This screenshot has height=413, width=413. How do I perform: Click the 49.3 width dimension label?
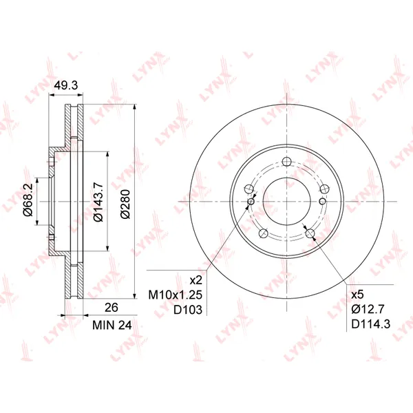pyautogui.click(x=66, y=85)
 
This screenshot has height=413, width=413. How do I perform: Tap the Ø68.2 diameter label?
pyautogui.click(x=28, y=200)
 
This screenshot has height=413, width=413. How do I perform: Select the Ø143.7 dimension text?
pyautogui.click(x=98, y=202)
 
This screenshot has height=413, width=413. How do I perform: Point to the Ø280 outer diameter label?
pyautogui.click(x=125, y=204)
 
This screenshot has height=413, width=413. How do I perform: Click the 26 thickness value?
pyautogui.click(x=112, y=308)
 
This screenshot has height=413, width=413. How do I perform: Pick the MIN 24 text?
pyautogui.click(x=112, y=326)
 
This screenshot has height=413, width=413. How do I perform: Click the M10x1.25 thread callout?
pyautogui.click(x=175, y=295)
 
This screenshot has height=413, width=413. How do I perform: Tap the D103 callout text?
pyautogui.click(x=188, y=310)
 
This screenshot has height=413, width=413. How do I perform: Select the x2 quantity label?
pyautogui.click(x=196, y=281)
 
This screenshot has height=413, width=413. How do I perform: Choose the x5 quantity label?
pyautogui.click(x=357, y=295)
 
